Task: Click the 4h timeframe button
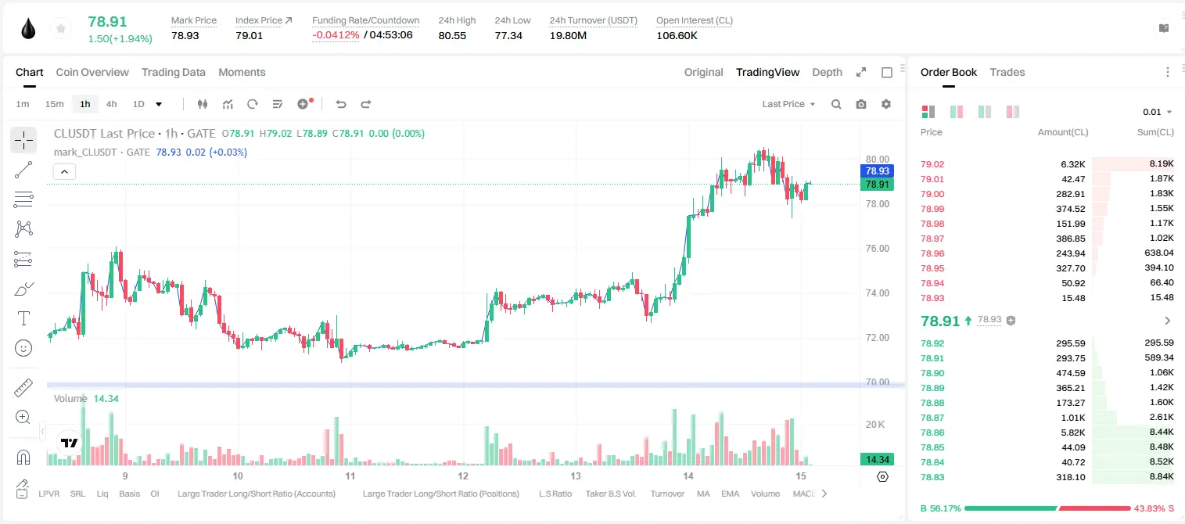[x=111, y=104]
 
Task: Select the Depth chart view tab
[x=827, y=73]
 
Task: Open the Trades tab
[x=1007, y=73]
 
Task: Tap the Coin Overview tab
[x=92, y=73]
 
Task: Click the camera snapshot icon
[x=860, y=104]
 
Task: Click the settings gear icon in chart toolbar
[x=886, y=104]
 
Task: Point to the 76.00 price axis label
[x=877, y=249]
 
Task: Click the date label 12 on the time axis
[x=463, y=476]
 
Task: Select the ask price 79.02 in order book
[x=932, y=164]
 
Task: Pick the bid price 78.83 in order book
[x=932, y=477]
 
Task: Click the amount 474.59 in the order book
[x=1070, y=373]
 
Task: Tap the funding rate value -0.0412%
[x=336, y=35]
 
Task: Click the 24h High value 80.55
[x=452, y=35]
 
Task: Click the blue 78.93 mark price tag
[x=877, y=170]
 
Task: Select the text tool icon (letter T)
[x=23, y=318]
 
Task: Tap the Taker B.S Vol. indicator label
[x=610, y=493]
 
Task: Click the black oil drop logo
[x=28, y=29]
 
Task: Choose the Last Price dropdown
[x=788, y=104]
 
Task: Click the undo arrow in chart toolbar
[x=341, y=104]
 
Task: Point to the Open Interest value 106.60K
[x=677, y=35]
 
